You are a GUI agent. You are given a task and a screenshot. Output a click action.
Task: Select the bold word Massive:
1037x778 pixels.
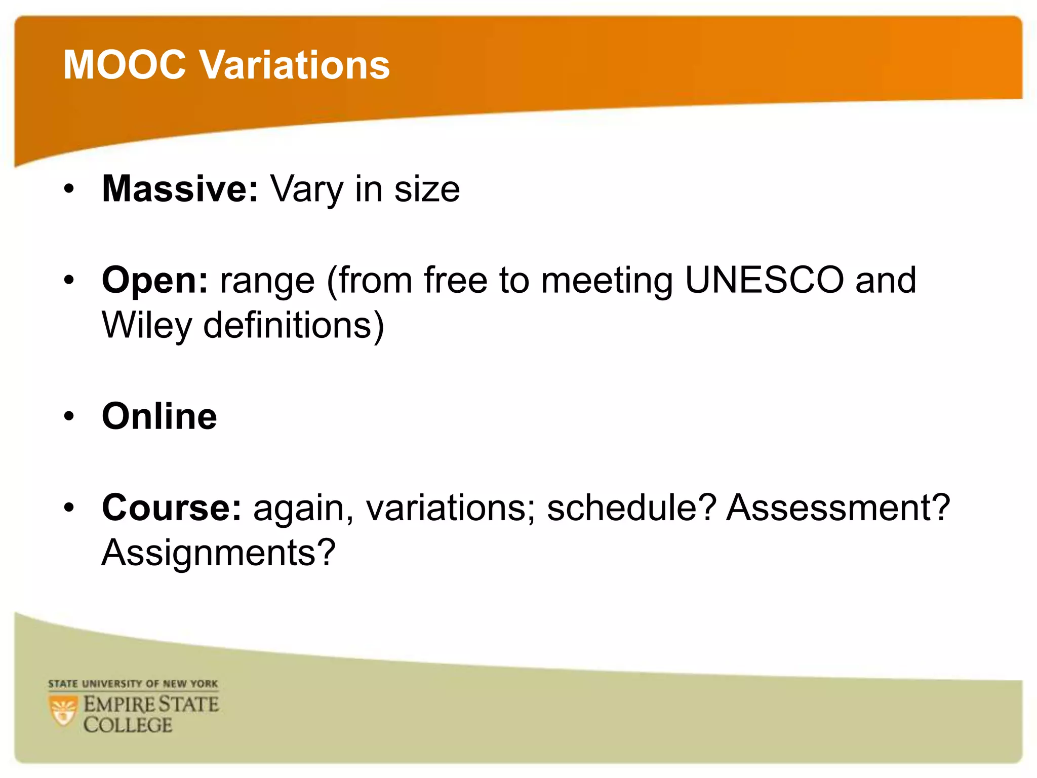click(x=180, y=188)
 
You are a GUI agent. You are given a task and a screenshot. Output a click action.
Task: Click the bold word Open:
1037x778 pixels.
click(x=154, y=280)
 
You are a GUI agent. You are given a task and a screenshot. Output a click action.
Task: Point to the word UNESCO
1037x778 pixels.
click(x=764, y=280)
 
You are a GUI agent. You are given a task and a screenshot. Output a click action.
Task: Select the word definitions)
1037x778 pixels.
click(x=294, y=325)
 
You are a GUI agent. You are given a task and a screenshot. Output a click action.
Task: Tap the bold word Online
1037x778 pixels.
click(x=159, y=416)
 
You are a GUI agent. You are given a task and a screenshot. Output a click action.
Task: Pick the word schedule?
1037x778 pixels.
click(x=631, y=508)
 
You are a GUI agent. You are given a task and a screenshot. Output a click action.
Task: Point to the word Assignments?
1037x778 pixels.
click(x=218, y=553)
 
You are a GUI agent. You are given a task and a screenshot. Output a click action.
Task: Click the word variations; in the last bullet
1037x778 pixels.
click(x=450, y=508)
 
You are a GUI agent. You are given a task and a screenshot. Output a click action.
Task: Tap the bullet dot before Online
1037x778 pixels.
click(x=69, y=416)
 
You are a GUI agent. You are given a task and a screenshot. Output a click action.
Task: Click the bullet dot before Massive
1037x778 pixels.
click(x=69, y=189)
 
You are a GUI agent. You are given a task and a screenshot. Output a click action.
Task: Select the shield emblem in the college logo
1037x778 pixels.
click(x=63, y=711)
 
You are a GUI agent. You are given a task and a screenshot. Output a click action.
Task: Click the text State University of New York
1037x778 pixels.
click(x=133, y=684)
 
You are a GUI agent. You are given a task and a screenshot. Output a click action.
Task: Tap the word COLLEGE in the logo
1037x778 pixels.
click(x=128, y=725)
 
